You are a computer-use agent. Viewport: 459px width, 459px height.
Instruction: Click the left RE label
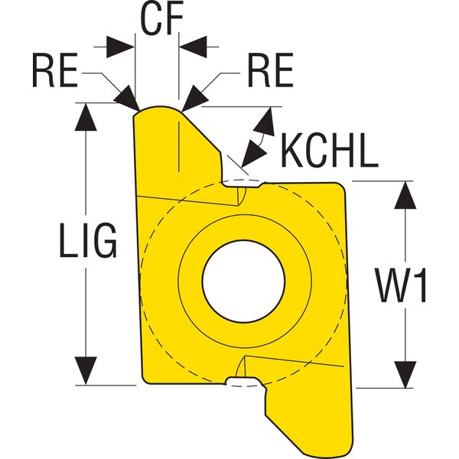(x=55, y=73)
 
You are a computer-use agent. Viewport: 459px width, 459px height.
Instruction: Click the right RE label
(x=270, y=73)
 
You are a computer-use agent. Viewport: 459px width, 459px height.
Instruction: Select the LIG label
(x=89, y=243)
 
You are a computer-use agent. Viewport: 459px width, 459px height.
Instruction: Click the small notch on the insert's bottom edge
(x=243, y=380)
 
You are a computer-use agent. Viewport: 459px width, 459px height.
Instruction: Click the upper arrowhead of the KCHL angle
(x=268, y=118)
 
